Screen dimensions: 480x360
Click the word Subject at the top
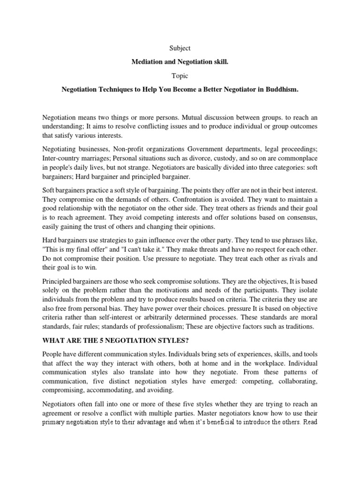pos(180,48)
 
